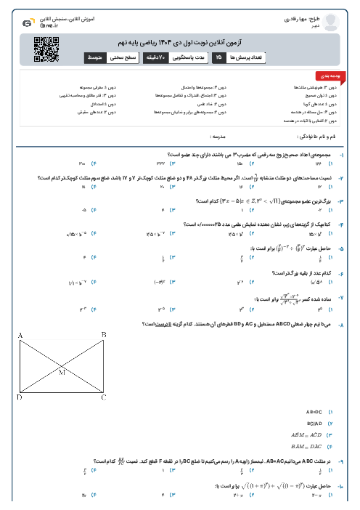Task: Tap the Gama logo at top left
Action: [28, 23]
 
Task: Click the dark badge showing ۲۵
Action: [218, 56]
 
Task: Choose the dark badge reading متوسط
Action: [96, 56]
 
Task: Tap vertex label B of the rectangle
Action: [104, 334]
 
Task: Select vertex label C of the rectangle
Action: [104, 397]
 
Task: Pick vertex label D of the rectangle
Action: [20, 397]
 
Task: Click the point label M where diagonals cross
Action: [62, 371]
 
